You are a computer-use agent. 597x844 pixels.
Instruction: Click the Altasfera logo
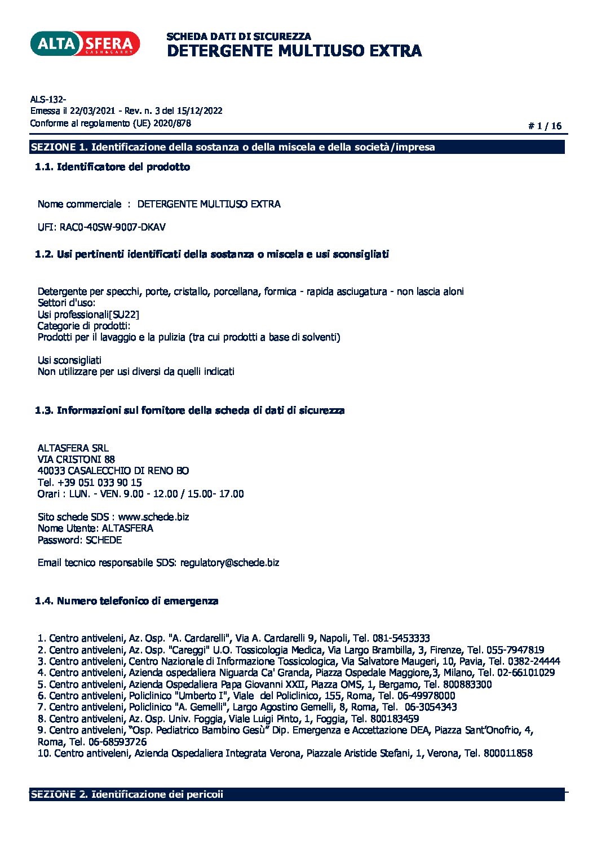pos(85,43)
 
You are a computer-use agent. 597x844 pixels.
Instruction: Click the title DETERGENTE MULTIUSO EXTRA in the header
pos(294,51)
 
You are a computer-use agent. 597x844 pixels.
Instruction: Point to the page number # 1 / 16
pos(545,126)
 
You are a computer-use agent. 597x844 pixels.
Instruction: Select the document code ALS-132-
pos(48,100)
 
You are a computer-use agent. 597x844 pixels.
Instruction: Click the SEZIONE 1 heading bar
pos(297,147)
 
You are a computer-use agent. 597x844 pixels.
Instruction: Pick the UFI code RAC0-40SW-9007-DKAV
pos(113,227)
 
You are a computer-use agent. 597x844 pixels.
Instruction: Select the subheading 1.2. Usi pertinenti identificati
pos(212,254)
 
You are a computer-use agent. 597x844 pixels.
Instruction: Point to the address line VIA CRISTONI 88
pos(76,459)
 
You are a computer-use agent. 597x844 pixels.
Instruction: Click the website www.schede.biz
pos(153,517)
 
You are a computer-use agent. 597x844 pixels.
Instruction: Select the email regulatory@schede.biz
pos(229,563)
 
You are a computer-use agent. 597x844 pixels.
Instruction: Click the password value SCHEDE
pos(104,540)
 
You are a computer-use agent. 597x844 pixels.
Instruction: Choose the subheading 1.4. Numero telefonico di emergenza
pos(127,601)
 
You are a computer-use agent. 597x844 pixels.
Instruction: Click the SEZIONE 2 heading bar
pos(297,794)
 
